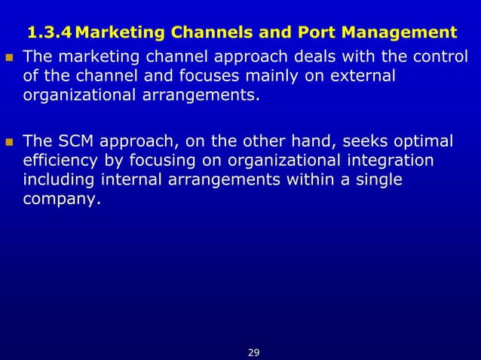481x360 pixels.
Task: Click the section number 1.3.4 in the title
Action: pyautogui.click(x=49, y=33)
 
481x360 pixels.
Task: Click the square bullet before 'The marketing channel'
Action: pyautogui.click(x=9, y=57)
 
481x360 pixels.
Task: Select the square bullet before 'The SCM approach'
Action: pyautogui.click(x=9, y=142)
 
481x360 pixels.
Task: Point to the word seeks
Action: pyautogui.click(x=366, y=142)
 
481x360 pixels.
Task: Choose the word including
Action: pyautogui.click(x=55, y=181)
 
